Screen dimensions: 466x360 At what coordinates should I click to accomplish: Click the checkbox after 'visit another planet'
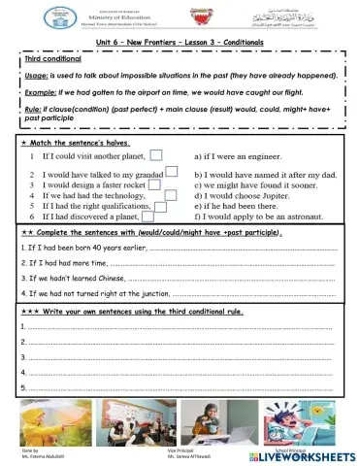(x=155, y=155)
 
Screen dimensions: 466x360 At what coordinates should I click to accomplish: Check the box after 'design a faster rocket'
(x=170, y=182)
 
